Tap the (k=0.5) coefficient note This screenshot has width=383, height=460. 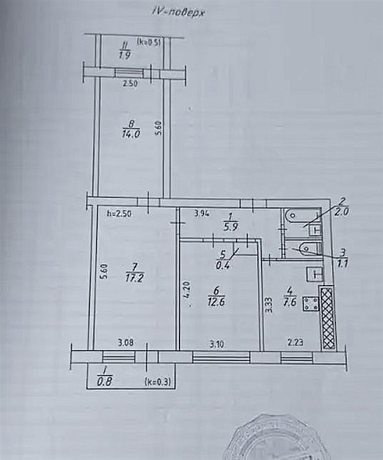point(148,42)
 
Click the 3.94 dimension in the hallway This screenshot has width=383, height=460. point(202,213)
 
